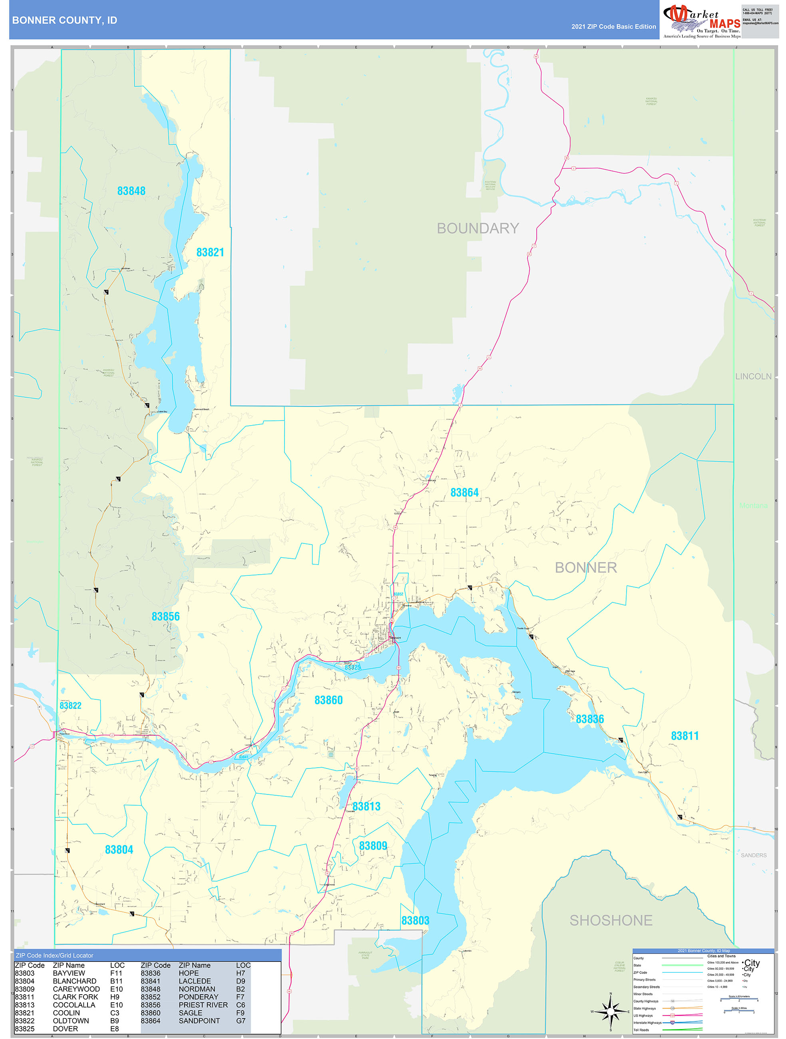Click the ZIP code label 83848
(x=131, y=191)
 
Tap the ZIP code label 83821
(x=210, y=252)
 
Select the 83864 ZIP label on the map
(x=464, y=492)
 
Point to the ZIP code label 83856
(x=165, y=616)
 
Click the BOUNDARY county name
(x=478, y=228)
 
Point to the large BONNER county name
(x=585, y=567)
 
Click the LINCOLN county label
(x=753, y=376)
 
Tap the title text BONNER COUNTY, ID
(x=64, y=20)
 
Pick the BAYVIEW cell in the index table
(x=69, y=973)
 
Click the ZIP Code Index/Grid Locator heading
(x=54, y=955)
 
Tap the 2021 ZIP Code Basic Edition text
(x=613, y=27)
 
